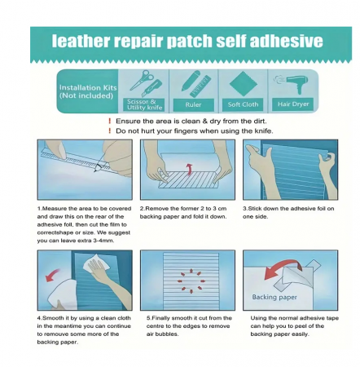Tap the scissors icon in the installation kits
click(x=141, y=80)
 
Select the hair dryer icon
click(x=292, y=83)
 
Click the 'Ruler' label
click(x=193, y=104)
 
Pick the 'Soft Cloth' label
click(x=243, y=104)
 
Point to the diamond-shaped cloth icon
click(x=244, y=84)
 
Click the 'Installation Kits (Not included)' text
click(x=88, y=91)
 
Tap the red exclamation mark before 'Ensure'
click(x=109, y=121)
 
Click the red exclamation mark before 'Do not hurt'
click(x=109, y=130)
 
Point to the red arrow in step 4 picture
click(x=53, y=276)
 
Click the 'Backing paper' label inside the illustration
click(x=274, y=297)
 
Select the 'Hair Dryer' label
click(x=293, y=104)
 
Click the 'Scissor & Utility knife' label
click(x=144, y=104)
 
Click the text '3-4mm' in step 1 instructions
click(x=103, y=241)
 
